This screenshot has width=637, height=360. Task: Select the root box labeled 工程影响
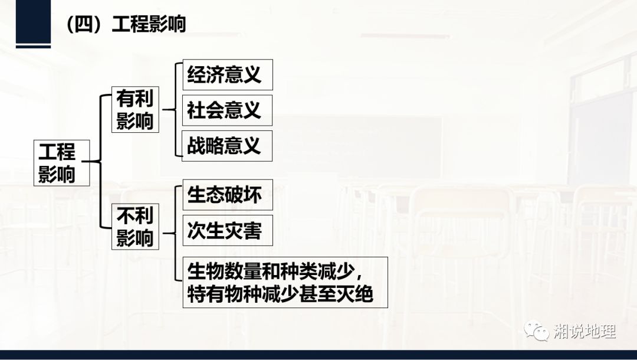click(57, 162)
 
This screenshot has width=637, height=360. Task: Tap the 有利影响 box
click(135, 110)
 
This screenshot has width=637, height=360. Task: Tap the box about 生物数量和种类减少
click(285, 282)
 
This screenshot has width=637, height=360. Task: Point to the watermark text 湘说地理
click(585, 332)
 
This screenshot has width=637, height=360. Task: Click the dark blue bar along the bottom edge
click(318, 355)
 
